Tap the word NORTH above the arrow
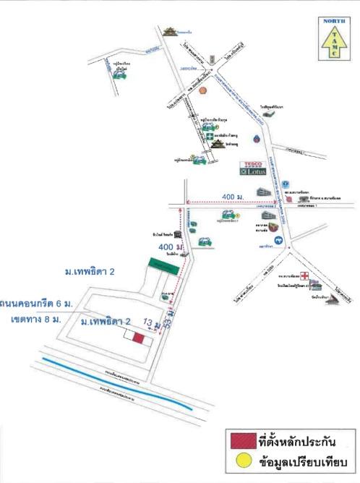(x=333, y=22)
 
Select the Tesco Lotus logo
(x=254, y=168)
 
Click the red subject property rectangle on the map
(x=138, y=338)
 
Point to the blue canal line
(x=116, y=383)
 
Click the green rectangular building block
(x=166, y=264)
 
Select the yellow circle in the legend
(x=242, y=463)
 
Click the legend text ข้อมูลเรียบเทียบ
(x=304, y=463)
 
